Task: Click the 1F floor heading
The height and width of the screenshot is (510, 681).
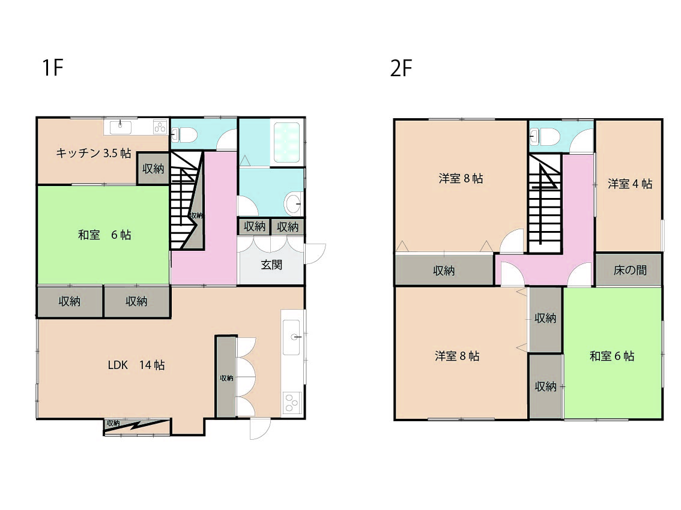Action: [53, 68]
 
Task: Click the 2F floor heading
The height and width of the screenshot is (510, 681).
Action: [401, 68]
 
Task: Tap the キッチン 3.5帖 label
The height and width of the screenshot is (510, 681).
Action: [93, 153]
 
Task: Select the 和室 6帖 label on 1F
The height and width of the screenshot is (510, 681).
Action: [104, 235]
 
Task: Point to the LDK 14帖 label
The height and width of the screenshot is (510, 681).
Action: [136, 365]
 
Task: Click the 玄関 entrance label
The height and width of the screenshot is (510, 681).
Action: [271, 265]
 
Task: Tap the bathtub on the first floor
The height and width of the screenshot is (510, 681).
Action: [285, 142]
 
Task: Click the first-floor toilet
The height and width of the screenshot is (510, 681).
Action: [184, 135]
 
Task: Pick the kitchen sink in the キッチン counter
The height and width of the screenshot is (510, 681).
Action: [120, 128]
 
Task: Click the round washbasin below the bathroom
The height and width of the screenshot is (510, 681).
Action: [294, 203]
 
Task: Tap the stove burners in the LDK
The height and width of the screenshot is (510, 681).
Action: [291, 404]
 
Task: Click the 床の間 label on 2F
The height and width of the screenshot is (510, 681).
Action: [630, 270]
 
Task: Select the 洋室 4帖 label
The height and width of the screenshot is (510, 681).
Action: [630, 184]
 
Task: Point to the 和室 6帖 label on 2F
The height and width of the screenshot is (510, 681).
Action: [611, 356]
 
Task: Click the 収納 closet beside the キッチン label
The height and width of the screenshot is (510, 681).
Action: [153, 169]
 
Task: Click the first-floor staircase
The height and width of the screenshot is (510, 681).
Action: [187, 200]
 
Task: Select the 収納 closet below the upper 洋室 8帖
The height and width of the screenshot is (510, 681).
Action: [444, 270]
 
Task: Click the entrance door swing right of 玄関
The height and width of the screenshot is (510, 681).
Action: [315, 254]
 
